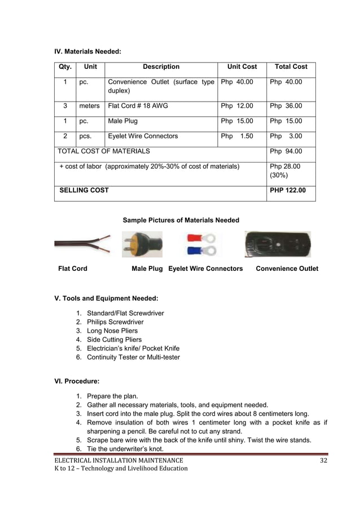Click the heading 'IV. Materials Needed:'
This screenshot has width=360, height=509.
pyautogui.click(x=87, y=52)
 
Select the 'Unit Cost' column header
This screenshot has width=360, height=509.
pyautogui.click(x=242, y=67)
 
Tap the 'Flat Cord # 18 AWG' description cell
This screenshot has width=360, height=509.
pyautogui.click(x=138, y=106)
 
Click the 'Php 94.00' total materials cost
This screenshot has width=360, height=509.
pyautogui.click(x=286, y=151)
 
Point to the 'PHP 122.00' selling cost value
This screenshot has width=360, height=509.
pyautogui.click(x=288, y=190)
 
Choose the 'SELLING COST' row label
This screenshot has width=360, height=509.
pyautogui.click(x=85, y=190)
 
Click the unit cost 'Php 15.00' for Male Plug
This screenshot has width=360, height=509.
pyautogui.click(x=237, y=121)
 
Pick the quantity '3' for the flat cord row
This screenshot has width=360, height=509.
pyautogui.click(x=65, y=106)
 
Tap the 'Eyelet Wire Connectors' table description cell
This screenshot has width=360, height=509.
pyautogui.click(x=143, y=136)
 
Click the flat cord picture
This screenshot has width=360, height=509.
pyautogui.click(x=82, y=244)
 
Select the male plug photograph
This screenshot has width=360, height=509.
pyautogui.click(x=142, y=244)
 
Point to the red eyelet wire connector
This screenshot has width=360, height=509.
pyautogui.click(x=202, y=238)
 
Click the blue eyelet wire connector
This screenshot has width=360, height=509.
pyautogui.click(x=202, y=251)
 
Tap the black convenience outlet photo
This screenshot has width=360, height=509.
pyautogui.click(x=277, y=244)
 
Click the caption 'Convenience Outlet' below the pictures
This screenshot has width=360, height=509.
pyautogui.click(x=287, y=269)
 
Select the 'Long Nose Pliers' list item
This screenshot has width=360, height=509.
pyautogui.click(x=112, y=331)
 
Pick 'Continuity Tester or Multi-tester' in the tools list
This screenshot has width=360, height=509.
pyautogui.click(x=133, y=357)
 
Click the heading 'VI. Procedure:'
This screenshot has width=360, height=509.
pyautogui.click(x=77, y=381)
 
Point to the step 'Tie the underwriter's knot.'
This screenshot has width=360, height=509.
pyautogui.click(x=125, y=448)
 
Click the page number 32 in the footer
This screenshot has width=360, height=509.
pyautogui.click(x=323, y=460)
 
